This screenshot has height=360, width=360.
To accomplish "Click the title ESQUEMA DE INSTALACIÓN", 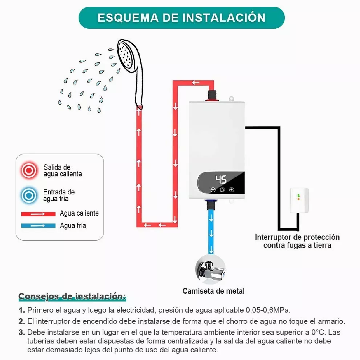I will [x=181, y=18].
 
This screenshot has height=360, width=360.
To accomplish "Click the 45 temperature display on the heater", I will [x=221, y=179].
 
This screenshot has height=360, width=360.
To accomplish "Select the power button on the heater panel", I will [x=222, y=190].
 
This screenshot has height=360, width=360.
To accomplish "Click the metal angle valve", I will [x=210, y=270].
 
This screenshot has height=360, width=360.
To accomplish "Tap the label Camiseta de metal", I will [x=213, y=291].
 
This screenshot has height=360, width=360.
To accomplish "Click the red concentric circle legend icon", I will [x=29, y=170].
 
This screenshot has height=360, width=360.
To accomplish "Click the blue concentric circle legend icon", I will [x=29, y=195].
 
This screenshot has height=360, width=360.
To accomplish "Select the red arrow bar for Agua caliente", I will [x=38, y=214].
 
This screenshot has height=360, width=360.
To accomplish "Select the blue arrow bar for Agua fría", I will [x=38, y=226].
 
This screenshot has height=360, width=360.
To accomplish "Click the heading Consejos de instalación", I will [x=72, y=297].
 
